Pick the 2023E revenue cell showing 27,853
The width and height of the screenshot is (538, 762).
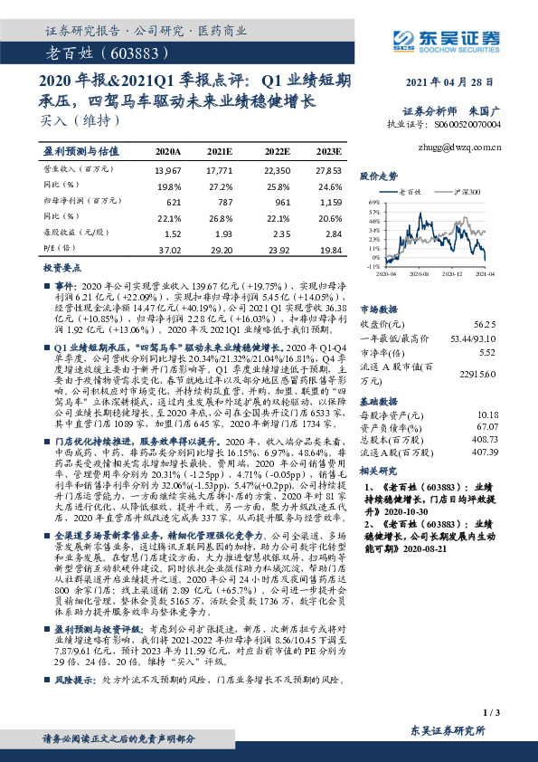(x=327, y=170)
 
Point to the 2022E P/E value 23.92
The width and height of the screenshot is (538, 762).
(x=276, y=249)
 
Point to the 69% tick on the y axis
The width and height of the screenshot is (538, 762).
(x=372, y=203)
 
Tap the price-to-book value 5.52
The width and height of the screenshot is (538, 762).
(x=488, y=352)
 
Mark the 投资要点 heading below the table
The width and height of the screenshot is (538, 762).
(x=63, y=269)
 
